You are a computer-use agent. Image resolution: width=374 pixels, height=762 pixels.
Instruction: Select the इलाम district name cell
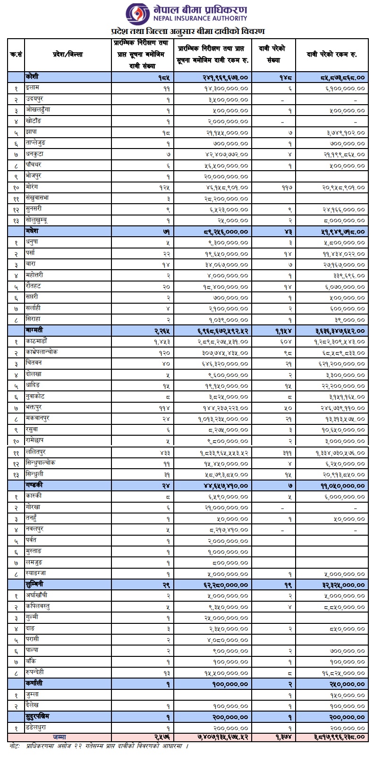click(34, 88)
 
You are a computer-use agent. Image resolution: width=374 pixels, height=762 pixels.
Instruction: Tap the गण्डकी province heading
click(36, 485)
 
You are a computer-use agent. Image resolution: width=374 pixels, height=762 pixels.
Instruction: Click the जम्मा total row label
click(59, 737)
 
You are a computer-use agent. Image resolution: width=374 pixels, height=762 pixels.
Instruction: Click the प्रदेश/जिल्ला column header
click(68, 55)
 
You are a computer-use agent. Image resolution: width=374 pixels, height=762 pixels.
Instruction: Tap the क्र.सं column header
click(16, 55)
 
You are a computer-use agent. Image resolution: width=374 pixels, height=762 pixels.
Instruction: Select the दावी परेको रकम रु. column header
click(333, 55)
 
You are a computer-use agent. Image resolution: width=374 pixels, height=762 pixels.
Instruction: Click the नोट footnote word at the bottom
click(15, 746)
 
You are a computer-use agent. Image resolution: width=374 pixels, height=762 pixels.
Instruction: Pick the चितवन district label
click(34, 363)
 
